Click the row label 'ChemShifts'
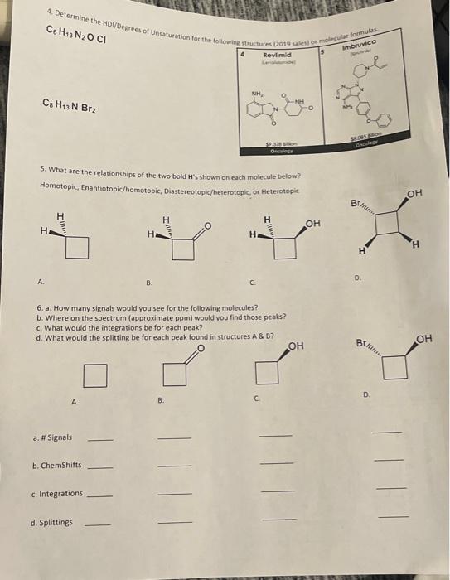click(56, 466)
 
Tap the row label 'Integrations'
click(56, 494)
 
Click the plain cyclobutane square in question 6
click(96, 376)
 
